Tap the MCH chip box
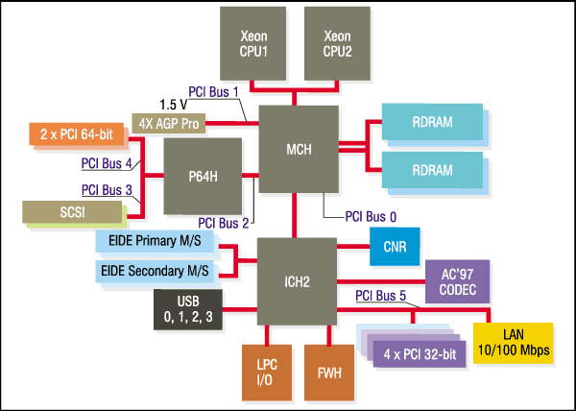click(299, 149)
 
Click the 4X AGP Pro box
click(169, 125)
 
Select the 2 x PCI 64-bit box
click(78, 134)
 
